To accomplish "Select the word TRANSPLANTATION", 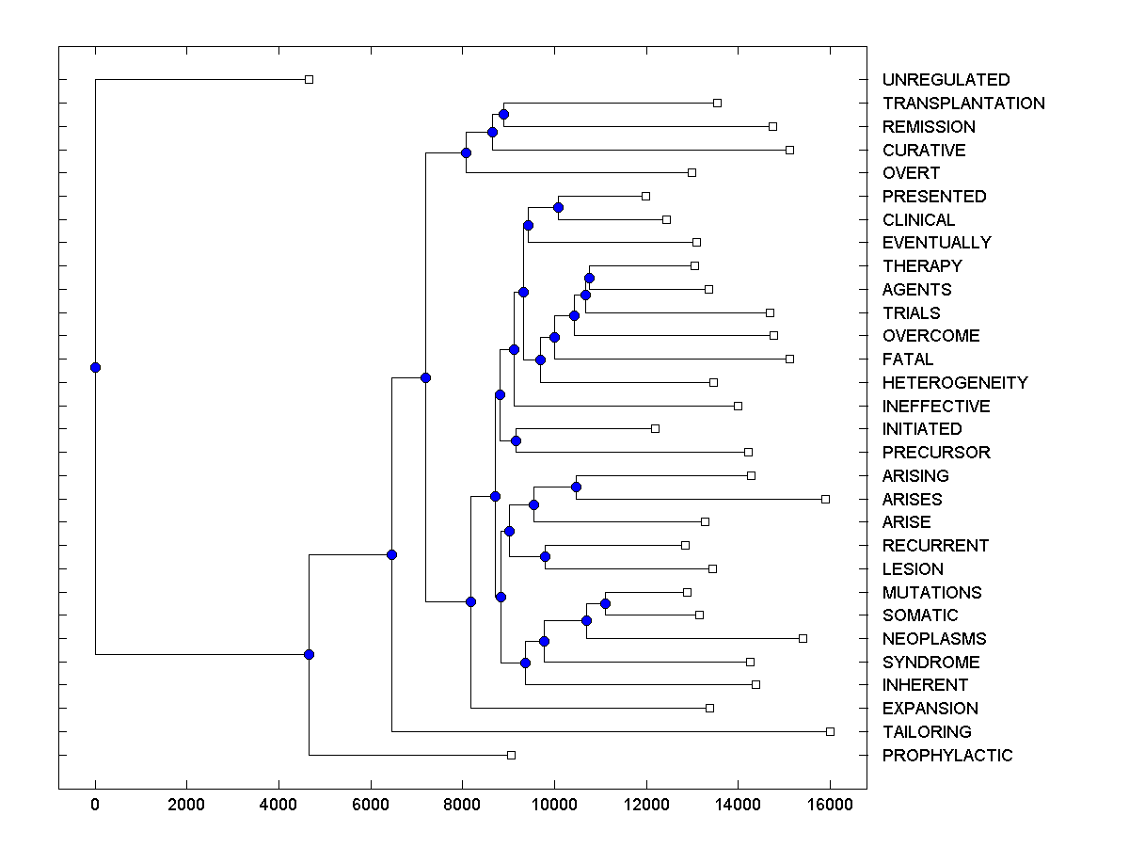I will (963, 104).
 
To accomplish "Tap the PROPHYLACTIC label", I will (947, 756).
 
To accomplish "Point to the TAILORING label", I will (927, 732).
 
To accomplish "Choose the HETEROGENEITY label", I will (955, 383).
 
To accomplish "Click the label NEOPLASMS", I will (934, 639).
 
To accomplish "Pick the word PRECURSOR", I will (936, 453).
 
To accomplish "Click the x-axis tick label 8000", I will (462, 806).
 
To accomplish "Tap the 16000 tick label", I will (830, 806).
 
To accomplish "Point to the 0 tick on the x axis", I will (95, 806).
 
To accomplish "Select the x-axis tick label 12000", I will (646, 806).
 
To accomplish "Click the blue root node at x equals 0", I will (95, 367).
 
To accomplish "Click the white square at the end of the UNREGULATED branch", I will (309, 79).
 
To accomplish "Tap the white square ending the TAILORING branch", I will (830, 731).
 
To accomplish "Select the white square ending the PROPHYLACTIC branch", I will (511, 755).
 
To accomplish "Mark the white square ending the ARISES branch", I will (825, 499).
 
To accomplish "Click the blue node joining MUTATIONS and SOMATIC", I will (606, 603).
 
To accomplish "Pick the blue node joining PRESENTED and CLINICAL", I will (558, 207).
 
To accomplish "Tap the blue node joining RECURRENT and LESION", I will (545, 557).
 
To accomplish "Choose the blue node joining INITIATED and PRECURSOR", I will (516, 440).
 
